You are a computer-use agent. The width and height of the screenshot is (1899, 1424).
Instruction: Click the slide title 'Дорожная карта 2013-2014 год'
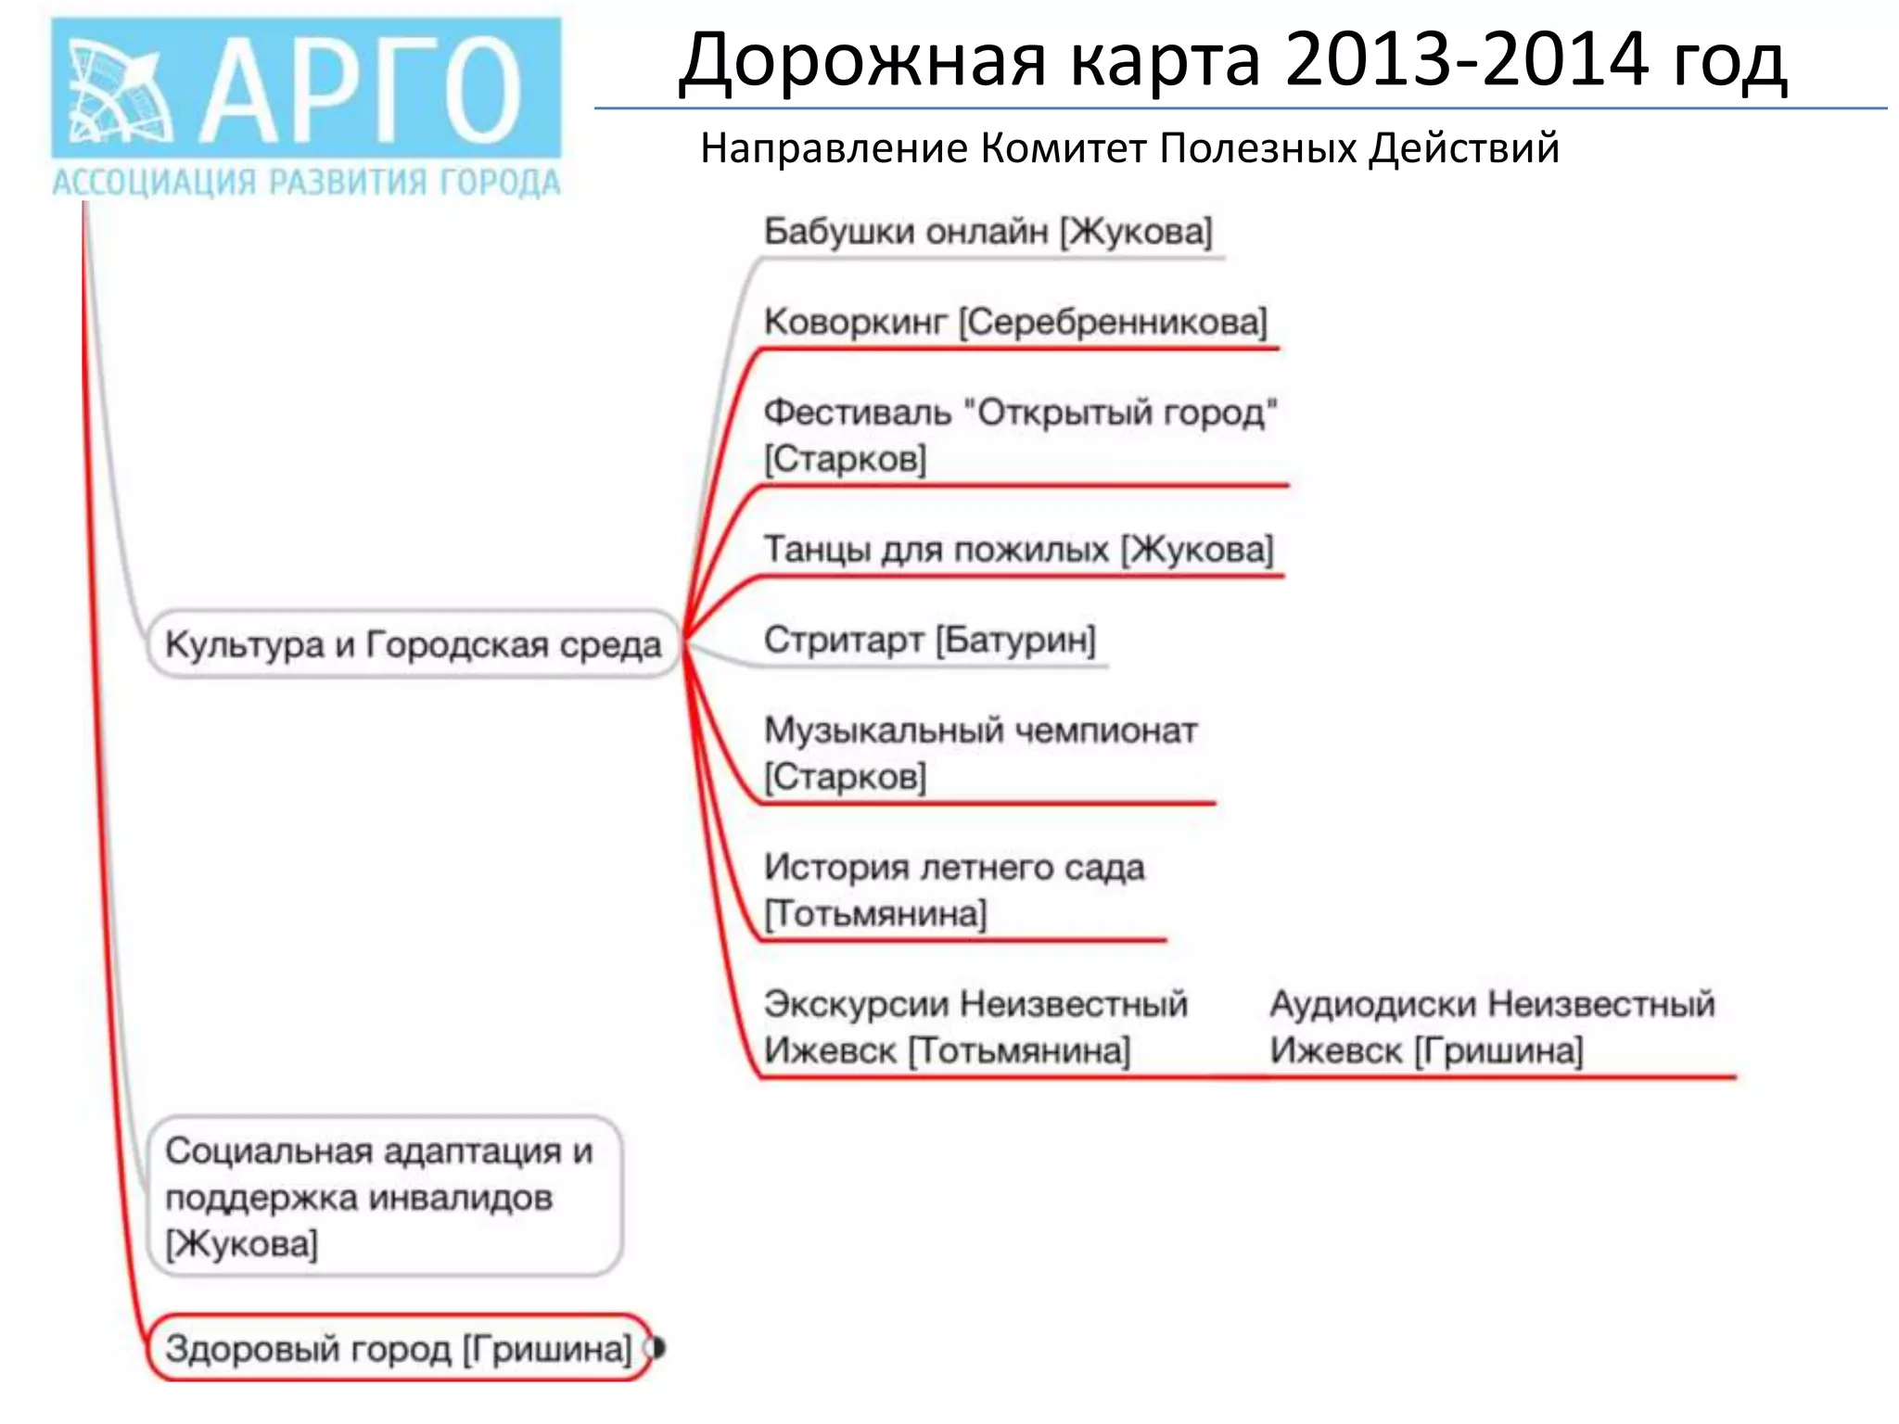point(1232,61)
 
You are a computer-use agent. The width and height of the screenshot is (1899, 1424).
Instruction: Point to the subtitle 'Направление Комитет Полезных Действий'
point(1129,148)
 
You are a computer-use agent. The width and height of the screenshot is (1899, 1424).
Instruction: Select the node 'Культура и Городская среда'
point(414,644)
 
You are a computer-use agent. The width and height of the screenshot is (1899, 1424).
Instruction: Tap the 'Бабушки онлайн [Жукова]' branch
point(988,232)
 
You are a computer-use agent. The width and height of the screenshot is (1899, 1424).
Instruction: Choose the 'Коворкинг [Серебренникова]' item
point(1015,323)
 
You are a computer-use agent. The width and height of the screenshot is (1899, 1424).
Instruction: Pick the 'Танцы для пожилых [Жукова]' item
point(1018,550)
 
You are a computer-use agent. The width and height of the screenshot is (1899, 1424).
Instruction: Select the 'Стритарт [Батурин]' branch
point(929,640)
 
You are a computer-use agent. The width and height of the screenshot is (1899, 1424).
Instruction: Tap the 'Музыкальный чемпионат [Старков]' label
point(980,753)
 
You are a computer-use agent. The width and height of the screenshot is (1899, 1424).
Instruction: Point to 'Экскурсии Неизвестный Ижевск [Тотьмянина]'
point(975,1027)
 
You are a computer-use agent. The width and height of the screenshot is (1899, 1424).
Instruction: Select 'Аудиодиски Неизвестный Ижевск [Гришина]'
point(1492,1027)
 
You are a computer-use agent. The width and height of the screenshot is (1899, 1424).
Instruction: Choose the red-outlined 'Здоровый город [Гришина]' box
point(399,1348)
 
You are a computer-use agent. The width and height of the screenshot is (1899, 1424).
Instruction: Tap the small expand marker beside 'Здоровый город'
point(657,1348)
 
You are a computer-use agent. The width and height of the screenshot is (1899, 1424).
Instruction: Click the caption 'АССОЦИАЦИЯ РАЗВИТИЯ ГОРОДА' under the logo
point(306,183)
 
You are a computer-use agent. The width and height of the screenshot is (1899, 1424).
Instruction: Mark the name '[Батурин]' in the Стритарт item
point(1015,640)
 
